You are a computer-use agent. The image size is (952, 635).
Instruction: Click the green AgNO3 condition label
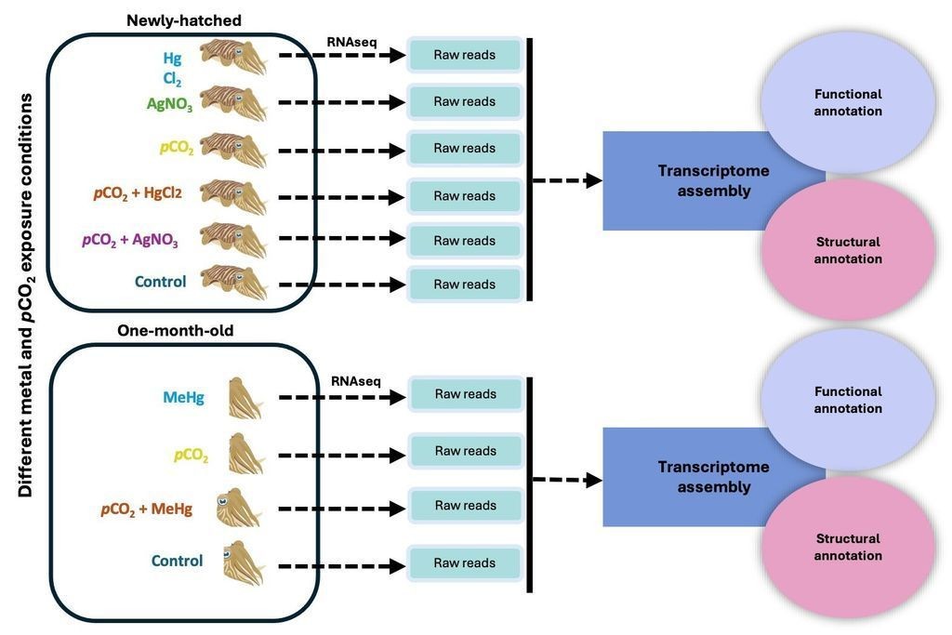coord(169,104)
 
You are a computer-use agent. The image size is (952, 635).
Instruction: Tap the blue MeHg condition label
coord(183,398)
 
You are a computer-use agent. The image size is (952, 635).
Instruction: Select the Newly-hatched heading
coord(184,20)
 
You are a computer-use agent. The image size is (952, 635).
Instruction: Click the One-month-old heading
coord(176,331)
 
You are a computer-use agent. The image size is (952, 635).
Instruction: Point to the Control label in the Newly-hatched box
coord(160,282)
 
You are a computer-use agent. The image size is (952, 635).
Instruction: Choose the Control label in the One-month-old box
coord(177,561)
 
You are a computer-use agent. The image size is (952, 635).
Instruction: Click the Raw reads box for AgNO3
coord(465,101)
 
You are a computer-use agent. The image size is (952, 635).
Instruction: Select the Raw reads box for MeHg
coord(466,394)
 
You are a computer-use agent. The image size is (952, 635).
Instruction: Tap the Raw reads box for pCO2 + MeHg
coord(466,505)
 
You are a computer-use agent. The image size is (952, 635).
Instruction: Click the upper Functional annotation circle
coord(848,102)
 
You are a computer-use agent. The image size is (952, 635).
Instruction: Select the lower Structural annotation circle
coord(848,547)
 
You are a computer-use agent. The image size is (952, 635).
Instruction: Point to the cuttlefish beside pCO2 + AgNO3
coord(233,239)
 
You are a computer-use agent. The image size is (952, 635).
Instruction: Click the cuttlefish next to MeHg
coord(245,398)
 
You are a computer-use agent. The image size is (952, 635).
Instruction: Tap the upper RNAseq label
coord(351,42)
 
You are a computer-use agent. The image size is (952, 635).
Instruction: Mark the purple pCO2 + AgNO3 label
coord(130,240)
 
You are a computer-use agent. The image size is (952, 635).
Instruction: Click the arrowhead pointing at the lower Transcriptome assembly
coord(593,481)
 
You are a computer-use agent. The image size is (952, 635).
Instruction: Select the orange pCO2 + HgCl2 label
coord(138,193)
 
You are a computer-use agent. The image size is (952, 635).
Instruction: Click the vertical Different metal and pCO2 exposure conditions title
coord(26,296)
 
